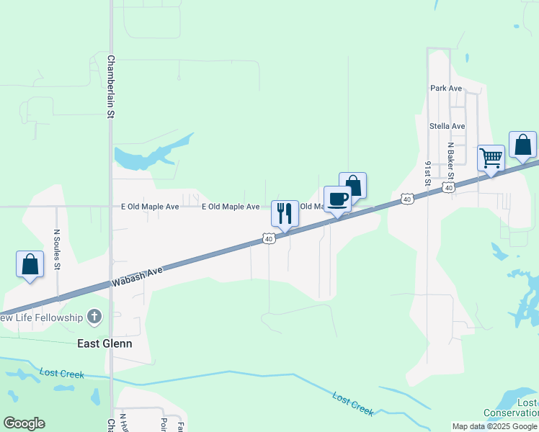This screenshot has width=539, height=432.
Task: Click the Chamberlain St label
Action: pyautogui.click(x=112, y=87)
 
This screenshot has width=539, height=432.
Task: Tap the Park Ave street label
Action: pyautogui.click(x=445, y=88)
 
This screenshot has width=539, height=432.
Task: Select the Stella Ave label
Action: pyautogui.click(x=447, y=126)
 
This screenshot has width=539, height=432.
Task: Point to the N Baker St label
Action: pyautogui.click(x=451, y=164)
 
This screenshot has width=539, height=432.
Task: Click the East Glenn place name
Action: pyautogui.click(x=104, y=343)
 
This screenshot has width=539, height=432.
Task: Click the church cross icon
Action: pyautogui.click(x=94, y=316)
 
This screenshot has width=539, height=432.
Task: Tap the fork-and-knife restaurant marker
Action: pyautogui.click(x=285, y=213)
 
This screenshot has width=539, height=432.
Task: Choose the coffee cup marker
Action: pyautogui.click(x=337, y=199)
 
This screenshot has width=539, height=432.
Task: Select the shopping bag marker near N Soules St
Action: pyautogui.click(x=30, y=264)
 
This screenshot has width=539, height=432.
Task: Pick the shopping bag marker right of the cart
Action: pyautogui.click(x=522, y=145)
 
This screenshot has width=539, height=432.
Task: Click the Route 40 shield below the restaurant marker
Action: pyautogui.click(x=268, y=238)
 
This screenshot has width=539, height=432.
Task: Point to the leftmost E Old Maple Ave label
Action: pyautogui.click(x=150, y=207)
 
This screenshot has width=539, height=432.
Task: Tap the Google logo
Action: pyautogui.click(x=24, y=423)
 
